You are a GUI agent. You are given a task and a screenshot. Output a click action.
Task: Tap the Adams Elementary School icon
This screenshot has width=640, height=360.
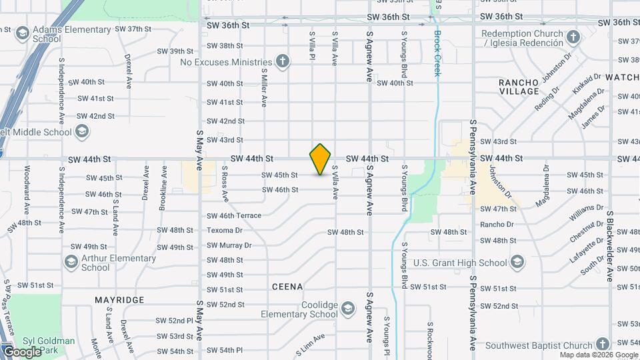point(22,33)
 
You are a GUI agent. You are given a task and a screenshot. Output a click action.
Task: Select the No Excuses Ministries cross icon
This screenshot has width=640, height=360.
point(283,62)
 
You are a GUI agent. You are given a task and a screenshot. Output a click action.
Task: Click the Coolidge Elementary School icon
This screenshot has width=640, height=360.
point(348,309)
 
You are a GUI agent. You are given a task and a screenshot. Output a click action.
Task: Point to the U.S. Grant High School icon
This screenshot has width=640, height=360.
point(517,263)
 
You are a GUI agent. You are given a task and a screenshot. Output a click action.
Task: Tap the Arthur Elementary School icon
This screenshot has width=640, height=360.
point(71,262)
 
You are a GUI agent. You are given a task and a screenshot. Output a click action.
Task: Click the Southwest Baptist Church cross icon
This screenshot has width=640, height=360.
point(603,345)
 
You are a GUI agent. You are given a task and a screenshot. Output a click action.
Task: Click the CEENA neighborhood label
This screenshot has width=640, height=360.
point(287,287)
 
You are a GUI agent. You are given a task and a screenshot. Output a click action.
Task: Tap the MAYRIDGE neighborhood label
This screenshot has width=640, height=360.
point(119,300)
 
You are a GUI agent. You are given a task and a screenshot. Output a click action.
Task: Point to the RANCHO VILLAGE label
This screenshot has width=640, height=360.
point(519,87)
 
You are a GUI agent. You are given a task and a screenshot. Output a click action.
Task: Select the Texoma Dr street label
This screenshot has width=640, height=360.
point(225,231)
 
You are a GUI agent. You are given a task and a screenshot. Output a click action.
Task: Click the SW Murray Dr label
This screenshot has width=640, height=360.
point(229,245)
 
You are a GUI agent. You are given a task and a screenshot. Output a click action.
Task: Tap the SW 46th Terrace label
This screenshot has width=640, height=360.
point(234,216)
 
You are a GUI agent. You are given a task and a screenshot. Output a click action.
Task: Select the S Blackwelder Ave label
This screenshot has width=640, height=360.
point(609,247)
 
